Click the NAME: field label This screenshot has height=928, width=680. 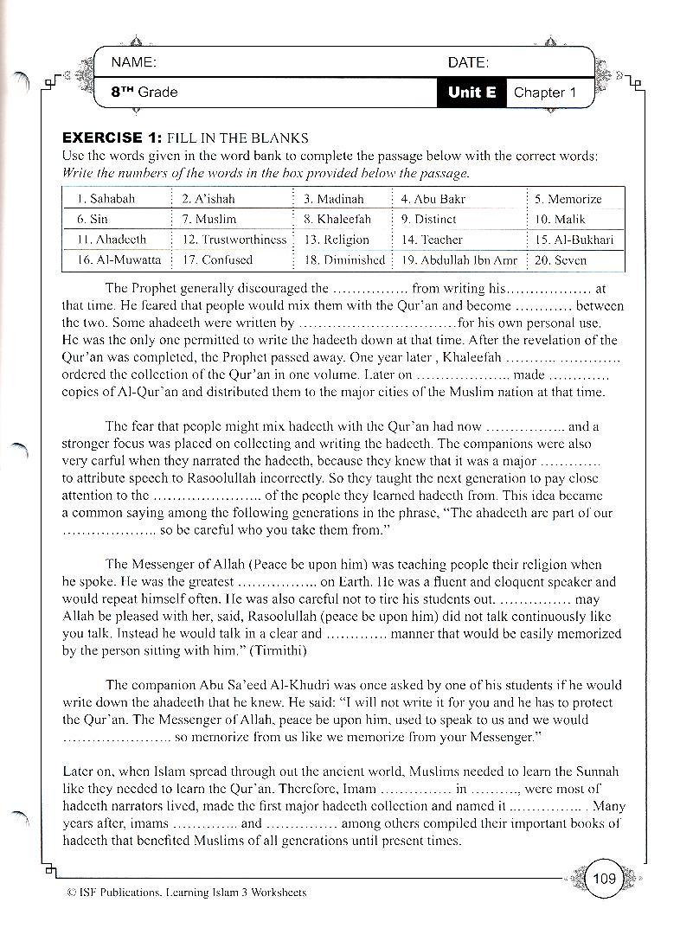coord(133,62)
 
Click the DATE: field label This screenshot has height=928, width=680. coord(468,62)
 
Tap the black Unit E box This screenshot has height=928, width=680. coord(472,93)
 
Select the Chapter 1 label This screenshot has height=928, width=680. coord(545,93)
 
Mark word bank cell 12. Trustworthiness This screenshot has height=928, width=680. coord(234,240)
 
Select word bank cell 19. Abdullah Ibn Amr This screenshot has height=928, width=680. coord(459,259)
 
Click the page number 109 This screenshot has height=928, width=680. coord(604,879)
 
